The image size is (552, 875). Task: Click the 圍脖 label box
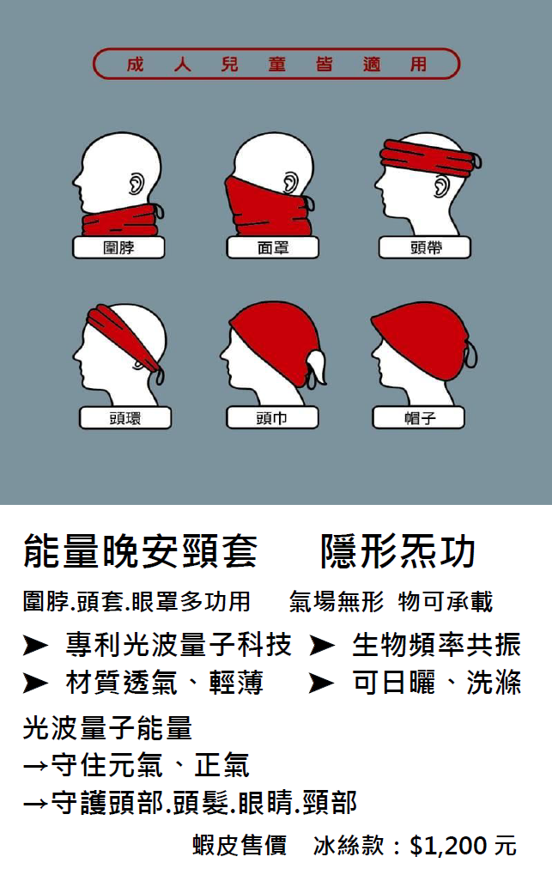coord(118,247)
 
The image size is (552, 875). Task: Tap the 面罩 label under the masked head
coord(273,247)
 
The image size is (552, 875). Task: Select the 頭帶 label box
coord(425,247)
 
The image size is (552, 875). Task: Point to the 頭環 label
coord(125,418)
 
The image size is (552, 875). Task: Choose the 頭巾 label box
coord(272,417)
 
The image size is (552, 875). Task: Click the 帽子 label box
coord(419,417)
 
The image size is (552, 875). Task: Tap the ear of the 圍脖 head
coord(136,184)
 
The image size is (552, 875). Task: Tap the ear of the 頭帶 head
coord(441,186)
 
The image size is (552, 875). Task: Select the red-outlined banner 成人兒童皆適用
coord(276,64)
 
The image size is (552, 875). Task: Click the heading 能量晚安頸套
coord(141,550)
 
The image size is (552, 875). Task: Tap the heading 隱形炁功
coord(398,550)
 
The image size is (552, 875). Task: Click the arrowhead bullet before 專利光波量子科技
coord(36,646)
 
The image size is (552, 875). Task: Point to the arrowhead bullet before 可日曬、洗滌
coord(322,683)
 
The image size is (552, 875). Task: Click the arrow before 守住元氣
coord(35,766)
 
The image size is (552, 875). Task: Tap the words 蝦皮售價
coord(240,846)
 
